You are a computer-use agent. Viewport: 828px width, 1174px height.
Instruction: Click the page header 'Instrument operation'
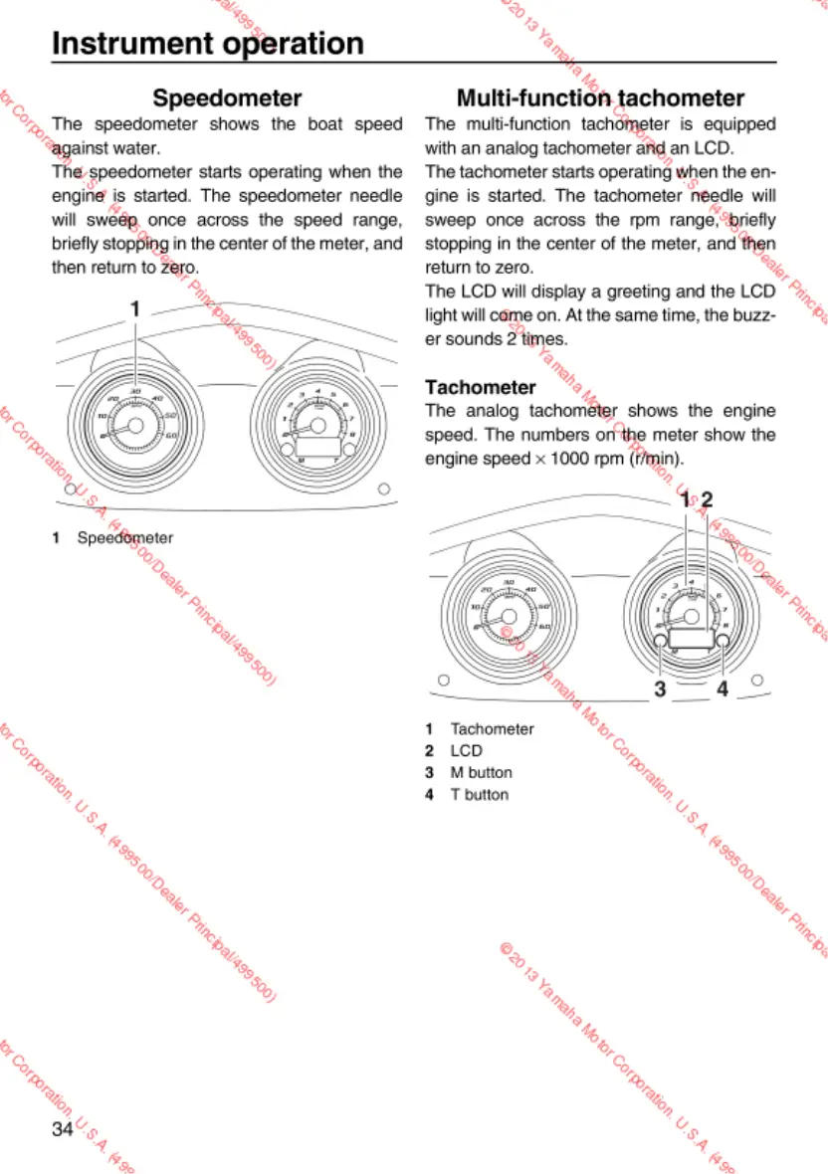coord(207,44)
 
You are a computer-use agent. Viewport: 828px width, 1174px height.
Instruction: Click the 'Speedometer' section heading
coord(227,98)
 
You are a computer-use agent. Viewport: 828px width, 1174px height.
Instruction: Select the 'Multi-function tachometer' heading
coord(600,98)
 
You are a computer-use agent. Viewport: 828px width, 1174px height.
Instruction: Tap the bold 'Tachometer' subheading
coord(481,386)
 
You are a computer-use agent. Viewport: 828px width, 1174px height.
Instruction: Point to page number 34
coord(63,1128)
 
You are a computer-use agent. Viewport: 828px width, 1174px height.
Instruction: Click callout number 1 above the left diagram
coord(134,308)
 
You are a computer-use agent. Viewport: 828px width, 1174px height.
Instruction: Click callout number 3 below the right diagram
coord(659,687)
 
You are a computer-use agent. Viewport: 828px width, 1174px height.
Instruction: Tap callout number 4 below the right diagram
coord(722,687)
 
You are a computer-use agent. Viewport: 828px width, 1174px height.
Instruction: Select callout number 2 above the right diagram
coord(707,499)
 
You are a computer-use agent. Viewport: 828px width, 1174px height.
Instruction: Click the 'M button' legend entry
coord(482,772)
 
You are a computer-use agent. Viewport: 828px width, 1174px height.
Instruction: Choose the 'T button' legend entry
coord(480,794)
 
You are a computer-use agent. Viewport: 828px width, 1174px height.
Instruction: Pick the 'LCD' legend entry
coord(467,750)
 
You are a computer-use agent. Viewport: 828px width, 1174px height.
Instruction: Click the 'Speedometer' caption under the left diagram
coord(125,537)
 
